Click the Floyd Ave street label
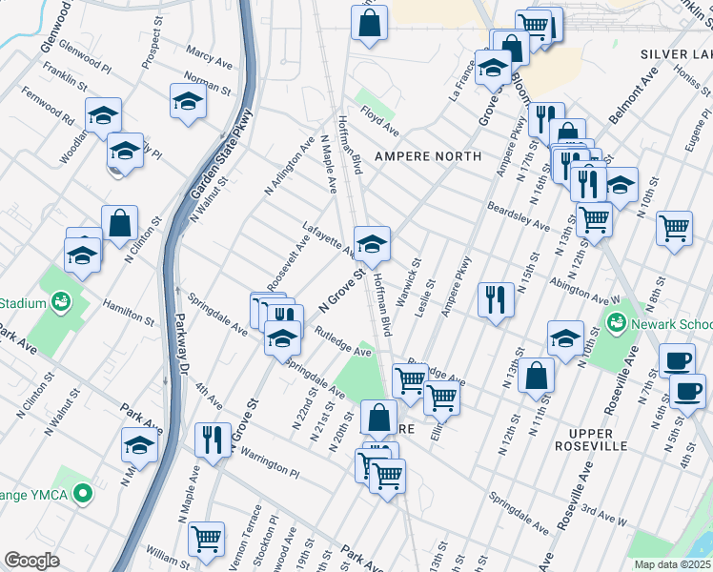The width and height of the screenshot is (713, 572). pos(379,122)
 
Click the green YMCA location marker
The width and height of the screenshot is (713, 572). pos(84,494)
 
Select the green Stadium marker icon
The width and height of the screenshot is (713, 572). pos(61,303)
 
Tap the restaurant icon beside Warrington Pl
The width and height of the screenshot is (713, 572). pos(213,439)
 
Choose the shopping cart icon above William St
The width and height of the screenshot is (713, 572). pos(206,539)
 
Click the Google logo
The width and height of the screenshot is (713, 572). pos(32,561)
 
